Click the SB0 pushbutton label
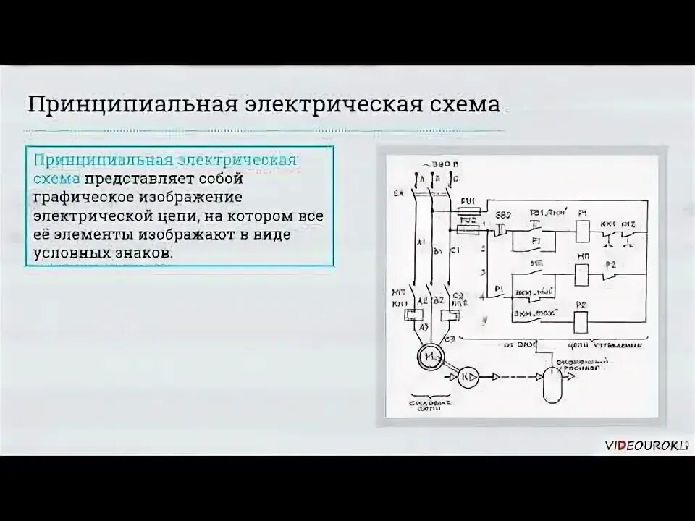click(x=502, y=216)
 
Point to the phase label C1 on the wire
click(x=454, y=250)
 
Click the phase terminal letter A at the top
click(x=413, y=177)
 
